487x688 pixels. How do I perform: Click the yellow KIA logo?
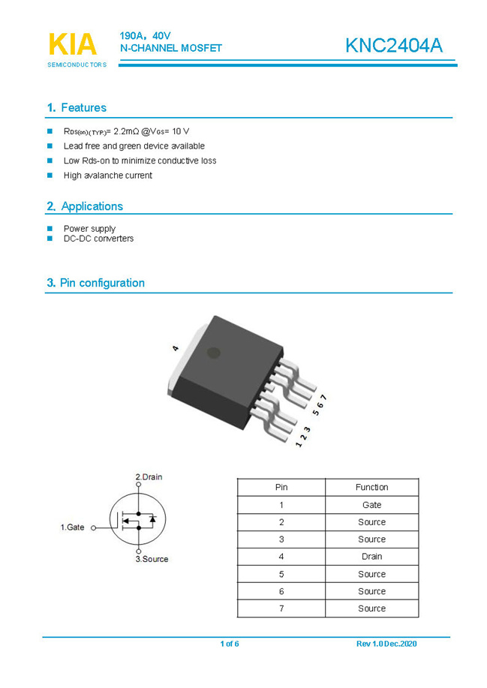point(73,44)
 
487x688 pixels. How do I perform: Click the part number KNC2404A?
point(394,45)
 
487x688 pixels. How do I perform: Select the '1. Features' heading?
point(77,108)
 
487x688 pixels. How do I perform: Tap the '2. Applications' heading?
point(85,206)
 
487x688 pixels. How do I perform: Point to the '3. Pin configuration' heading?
point(95,283)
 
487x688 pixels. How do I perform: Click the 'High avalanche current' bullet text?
point(107,176)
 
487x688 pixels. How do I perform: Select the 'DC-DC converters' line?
point(98,239)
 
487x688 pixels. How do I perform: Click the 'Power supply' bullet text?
point(89,229)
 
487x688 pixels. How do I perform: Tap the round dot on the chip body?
point(214,352)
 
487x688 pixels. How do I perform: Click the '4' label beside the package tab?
point(175,348)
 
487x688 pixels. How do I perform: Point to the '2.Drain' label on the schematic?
point(149,477)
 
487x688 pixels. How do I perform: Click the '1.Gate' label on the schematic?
point(72,527)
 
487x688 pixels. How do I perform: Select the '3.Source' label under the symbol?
point(152,559)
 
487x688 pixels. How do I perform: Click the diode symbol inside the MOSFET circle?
point(152,518)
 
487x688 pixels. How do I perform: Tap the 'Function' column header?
point(371,487)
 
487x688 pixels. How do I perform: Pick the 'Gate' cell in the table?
point(371,505)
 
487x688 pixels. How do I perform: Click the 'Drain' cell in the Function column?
point(371,557)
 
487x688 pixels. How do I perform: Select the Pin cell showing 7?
point(281,608)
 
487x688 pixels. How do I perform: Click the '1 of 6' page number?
point(230,644)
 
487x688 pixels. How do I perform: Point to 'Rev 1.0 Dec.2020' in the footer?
point(386,644)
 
